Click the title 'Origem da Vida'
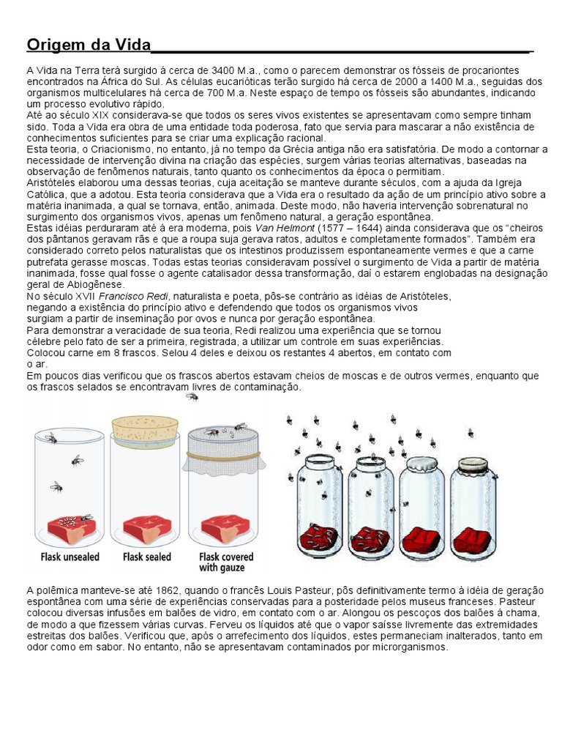pyautogui.click(x=88, y=45)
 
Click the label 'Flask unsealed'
pyautogui.click(x=69, y=557)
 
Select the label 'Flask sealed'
pyautogui.click(x=146, y=557)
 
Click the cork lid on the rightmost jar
pyautogui.click(x=472, y=465)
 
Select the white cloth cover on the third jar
pyautogui.click(x=421, y=466)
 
